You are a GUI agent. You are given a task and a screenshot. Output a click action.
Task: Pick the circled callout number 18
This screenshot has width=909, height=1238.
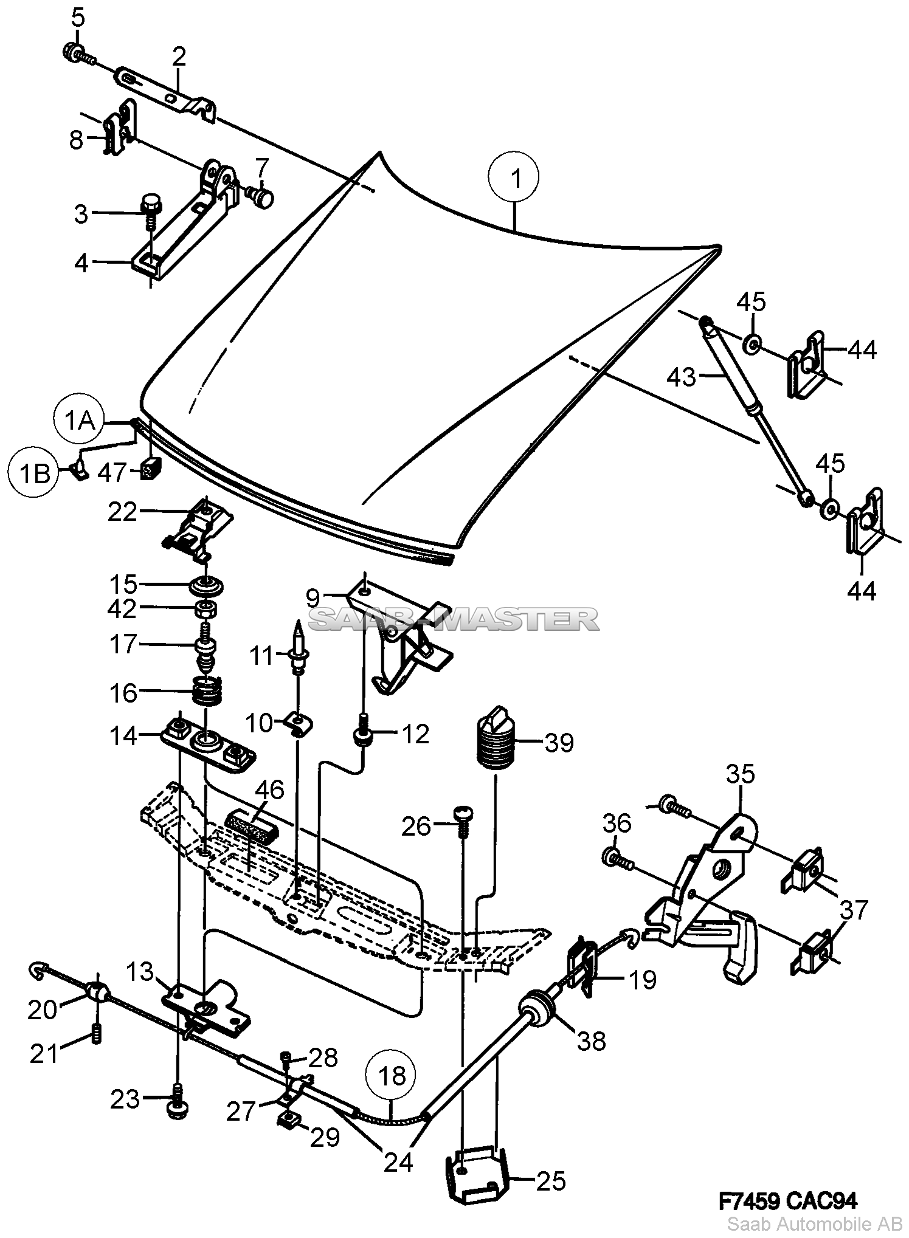(x=392, y=1076)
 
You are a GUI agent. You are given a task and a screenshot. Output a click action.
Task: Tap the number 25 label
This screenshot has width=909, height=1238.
(x=551, y=1181)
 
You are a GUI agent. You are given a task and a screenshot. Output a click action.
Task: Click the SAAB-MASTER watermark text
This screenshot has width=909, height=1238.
(x=454, y=620)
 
